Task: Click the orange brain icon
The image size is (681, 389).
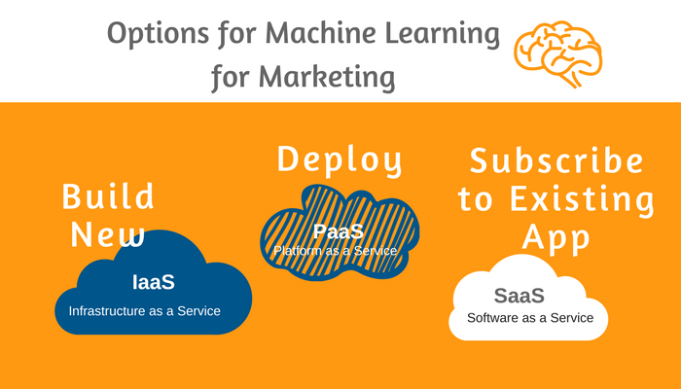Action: click(558, 53)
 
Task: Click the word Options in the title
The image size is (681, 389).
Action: click(158, 34)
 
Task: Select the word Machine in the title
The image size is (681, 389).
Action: click(320, 32)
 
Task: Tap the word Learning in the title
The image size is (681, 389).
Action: click(442, 34)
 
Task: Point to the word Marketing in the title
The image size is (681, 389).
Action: click(327, 77)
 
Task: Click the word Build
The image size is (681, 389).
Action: click(108, 196)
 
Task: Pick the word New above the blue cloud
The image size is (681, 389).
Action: click(107, 234)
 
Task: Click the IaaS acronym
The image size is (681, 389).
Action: click(154, 282)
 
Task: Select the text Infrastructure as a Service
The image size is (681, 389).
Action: click(145, 311)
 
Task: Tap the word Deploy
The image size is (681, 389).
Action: click(340, 161)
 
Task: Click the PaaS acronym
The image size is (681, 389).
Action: click(339, 231)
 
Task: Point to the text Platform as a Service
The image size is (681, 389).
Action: click(336, 251)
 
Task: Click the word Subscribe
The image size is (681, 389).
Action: click(556, 160)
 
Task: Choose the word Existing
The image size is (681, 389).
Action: click(582, 199)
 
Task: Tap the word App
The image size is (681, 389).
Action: click(556, 238)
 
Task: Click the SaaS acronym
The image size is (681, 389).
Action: click(519, 296)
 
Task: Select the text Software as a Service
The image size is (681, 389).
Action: click(530, 318)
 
